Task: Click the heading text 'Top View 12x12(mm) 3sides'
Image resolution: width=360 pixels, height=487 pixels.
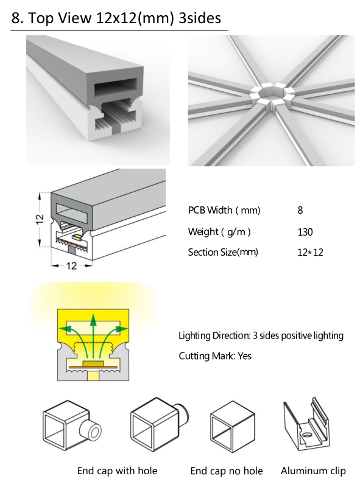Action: point(125,18)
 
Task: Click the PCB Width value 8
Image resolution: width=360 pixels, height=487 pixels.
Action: point(300,210)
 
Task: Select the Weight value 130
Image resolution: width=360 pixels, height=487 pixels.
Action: point(305,232)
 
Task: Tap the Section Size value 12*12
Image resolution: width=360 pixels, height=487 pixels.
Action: point(310,252)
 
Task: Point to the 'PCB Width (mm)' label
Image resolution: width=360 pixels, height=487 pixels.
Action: point(224,211)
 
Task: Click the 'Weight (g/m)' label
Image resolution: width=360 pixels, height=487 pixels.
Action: point(219,232)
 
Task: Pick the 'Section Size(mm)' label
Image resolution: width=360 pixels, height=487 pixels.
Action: point(223,252)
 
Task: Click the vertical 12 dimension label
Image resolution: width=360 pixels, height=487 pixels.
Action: point(40,219)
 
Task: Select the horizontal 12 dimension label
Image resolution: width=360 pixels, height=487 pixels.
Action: point(71,265)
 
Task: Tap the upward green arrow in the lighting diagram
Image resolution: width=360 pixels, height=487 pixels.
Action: point(93,337)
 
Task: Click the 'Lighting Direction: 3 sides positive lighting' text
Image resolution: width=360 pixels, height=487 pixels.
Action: point(261,336)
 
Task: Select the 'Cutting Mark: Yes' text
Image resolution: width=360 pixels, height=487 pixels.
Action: point(215,356)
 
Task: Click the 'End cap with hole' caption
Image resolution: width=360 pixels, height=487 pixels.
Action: point(117,471)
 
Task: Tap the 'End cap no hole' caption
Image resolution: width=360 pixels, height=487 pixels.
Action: point(227,471)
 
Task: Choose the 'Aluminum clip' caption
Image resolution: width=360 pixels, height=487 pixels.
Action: point(313,471)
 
